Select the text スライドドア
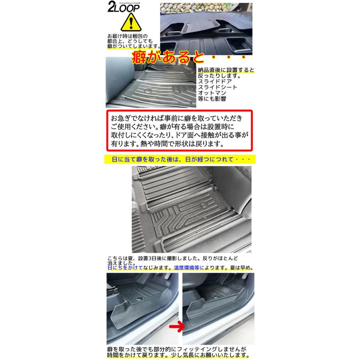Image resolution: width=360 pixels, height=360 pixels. click(x=215, y=81)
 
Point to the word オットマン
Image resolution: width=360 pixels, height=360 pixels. click(x=212, y=93)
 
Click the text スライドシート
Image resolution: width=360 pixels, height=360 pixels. click(x=218, y=87)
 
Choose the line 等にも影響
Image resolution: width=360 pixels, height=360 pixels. click(x=212, y=99)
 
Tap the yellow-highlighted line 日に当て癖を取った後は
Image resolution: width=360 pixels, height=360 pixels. click(x=180, y=159)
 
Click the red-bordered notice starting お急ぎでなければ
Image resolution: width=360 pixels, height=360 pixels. click(x=180, y=130)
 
